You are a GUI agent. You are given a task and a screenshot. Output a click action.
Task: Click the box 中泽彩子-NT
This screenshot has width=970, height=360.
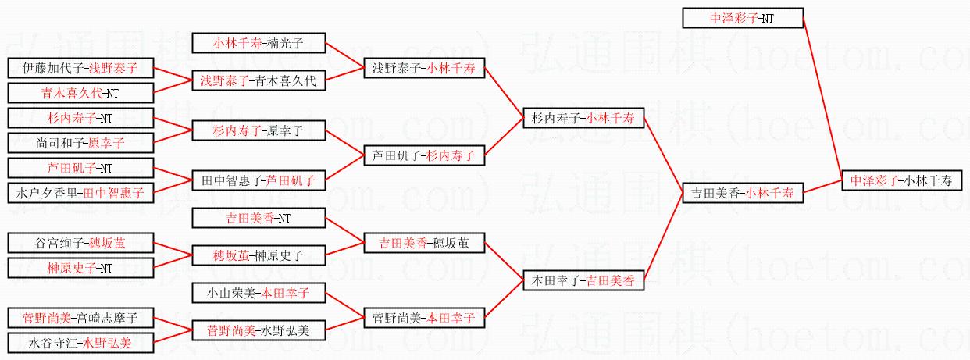pos(743,19)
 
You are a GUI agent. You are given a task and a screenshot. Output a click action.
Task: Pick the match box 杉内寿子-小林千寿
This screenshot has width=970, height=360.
pos(583,119)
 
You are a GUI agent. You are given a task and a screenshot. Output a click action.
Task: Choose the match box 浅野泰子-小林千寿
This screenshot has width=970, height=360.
pos(424,69)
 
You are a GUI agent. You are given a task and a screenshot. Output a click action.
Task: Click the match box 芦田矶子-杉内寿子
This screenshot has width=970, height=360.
pos(424,155)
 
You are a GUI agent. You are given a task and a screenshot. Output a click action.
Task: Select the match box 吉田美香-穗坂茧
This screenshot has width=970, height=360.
pos(424,243)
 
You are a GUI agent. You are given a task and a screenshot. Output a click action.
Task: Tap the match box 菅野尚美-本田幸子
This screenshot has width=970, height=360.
pos(424,318)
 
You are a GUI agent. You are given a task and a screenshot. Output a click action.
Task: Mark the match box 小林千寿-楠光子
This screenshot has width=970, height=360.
pos(258,44)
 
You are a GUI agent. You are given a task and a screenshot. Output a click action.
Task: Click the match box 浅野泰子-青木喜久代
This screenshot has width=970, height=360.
pos(258,80)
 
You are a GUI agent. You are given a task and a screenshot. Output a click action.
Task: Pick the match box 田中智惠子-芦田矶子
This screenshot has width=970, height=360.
pos(258,180)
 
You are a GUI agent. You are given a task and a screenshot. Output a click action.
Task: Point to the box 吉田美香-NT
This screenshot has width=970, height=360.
pos(258,219)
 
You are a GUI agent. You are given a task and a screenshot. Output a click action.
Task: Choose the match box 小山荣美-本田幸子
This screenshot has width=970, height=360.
pos(258,294)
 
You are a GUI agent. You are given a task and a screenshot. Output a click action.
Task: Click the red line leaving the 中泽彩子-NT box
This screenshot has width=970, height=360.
pos(822,94)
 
